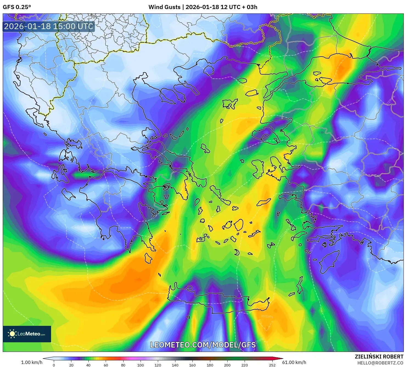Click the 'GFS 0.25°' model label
point(17,7)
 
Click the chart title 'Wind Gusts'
point(164,7)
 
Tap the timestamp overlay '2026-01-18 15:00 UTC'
point(49,26)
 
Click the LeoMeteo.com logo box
point(27,334)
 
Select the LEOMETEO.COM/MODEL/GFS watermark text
point(203,345)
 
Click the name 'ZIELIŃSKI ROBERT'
point(379,357)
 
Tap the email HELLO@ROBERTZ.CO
point(380,363)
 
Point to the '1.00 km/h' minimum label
point(32,362)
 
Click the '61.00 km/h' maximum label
point(294,362)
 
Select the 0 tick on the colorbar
point(54,365)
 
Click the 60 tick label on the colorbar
point(106,365)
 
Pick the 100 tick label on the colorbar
point(140,365)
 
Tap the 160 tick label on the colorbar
point(192,365)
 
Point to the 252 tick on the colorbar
point(272,365)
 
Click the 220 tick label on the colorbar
point(244,365)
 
